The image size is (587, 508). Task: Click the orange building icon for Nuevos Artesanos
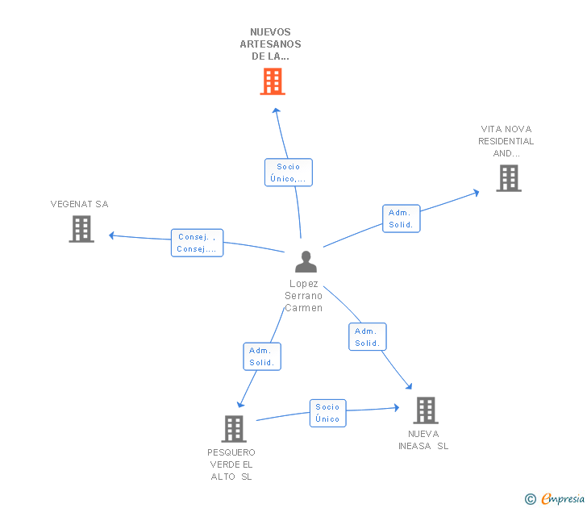(273, 81)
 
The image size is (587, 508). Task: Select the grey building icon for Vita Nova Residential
(508, 178)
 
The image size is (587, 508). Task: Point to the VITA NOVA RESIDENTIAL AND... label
(506, 141)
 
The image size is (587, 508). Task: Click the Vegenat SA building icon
(81, 229)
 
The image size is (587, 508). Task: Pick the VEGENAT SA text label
(79, 204)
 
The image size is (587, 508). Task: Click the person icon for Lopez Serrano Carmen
(306, 262)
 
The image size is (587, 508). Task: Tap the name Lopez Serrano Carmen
(303, 296)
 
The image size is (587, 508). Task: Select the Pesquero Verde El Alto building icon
(234, 429)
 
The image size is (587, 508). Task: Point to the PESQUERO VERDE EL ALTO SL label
(231, 464)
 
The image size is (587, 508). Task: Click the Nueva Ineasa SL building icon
(425, 410)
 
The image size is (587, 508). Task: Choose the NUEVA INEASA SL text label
(423, 440)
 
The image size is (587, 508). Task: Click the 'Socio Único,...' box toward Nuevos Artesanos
(288, 173)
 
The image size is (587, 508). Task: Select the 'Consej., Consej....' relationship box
(198, 243)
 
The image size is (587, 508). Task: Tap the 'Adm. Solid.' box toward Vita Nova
(401, 219)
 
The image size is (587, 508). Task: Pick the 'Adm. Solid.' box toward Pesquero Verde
(262, 356)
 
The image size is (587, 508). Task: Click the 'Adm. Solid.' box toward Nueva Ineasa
(367, 337)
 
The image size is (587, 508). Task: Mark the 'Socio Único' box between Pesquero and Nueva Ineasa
(327, 413)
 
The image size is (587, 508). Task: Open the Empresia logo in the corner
(556, 499)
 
